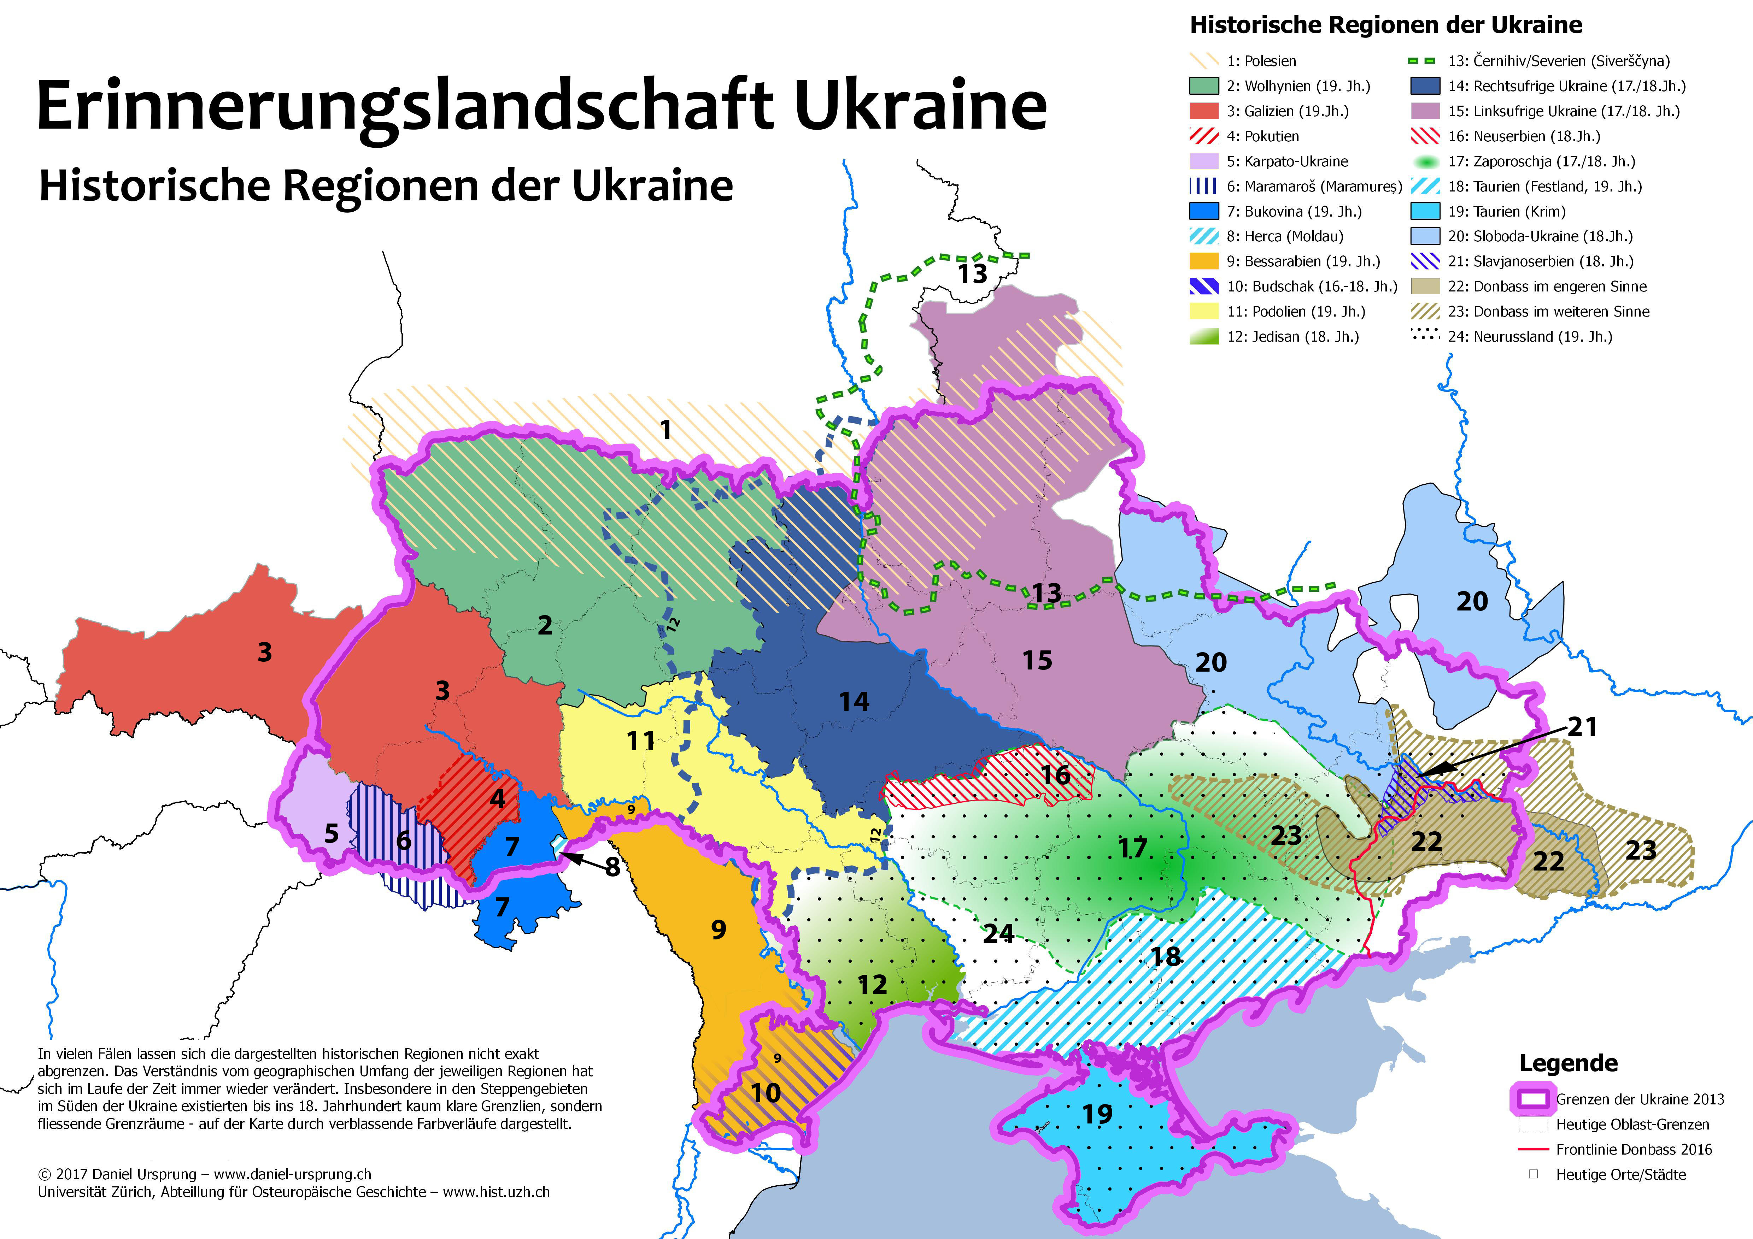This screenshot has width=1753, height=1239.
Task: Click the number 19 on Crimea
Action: click(x=1097, y=1115)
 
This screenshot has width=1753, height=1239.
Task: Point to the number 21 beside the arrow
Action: click(x=1583, y=727)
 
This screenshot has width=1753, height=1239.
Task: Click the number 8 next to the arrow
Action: click(x=612, y=867)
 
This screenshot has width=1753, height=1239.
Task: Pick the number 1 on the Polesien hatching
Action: click(x=666, y=430)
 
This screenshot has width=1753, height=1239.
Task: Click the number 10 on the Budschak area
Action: click(x=766, y=1093)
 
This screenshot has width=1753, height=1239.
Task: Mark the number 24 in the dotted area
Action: click(x=998, y=933)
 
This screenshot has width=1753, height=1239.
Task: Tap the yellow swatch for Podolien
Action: click(x=1204, y=312)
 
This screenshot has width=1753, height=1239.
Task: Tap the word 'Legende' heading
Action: click(x=1568, y=1063)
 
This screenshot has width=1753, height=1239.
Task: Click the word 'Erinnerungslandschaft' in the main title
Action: click(x=405, y=107)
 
